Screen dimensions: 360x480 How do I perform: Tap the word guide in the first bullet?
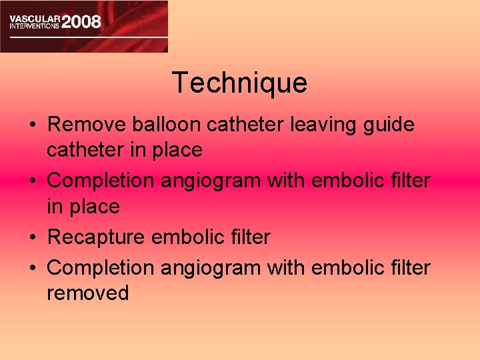(389, 125)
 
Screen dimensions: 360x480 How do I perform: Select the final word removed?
(87, 293)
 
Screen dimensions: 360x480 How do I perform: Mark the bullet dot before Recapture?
(33, 237)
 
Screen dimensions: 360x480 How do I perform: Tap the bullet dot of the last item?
(33, 268)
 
